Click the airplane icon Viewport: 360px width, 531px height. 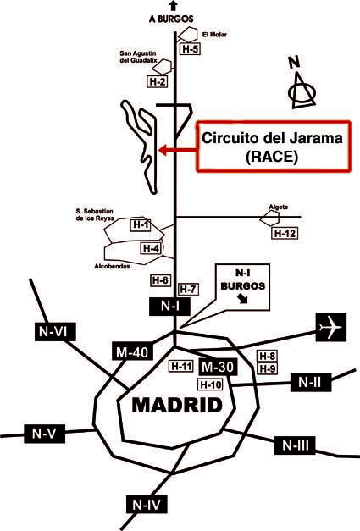[x=331, y=327]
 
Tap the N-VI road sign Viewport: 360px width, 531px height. [x=55, y=331]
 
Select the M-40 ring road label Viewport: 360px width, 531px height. [x=132, y=352]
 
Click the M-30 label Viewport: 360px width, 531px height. [x=218, y=367]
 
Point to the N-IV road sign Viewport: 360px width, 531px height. [x=147, y=505]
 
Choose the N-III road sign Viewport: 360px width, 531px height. [x=296, y=445]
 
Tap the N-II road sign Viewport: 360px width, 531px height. [x=311, y=382]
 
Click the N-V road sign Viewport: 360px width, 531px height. [x=44, y=434]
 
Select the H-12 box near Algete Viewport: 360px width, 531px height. [x=285, y=234]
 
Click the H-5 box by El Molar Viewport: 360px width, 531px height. [x=190, y=49]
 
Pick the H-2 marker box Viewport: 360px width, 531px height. [x=158, y=81]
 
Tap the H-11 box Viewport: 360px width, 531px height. [x=182, y=366]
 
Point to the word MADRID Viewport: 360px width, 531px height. [x=177, y=406]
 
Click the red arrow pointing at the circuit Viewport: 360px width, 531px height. [x=178, y=150]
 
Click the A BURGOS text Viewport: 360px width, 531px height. [x=171, y=19]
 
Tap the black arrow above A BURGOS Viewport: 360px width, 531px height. [x=174, y=5]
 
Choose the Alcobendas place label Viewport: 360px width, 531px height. [x=112, y=267]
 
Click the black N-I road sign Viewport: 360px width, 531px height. [x=170, y=307]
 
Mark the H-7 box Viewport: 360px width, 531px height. [x=188, y=289]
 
